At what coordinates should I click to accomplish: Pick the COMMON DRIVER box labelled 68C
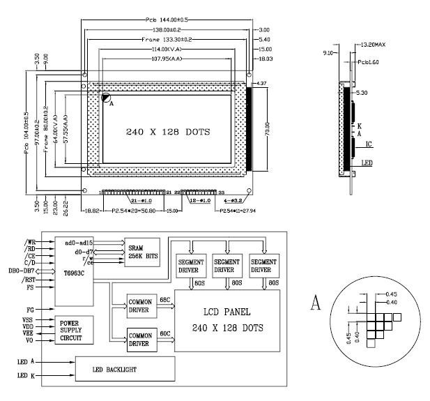[142, 305]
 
